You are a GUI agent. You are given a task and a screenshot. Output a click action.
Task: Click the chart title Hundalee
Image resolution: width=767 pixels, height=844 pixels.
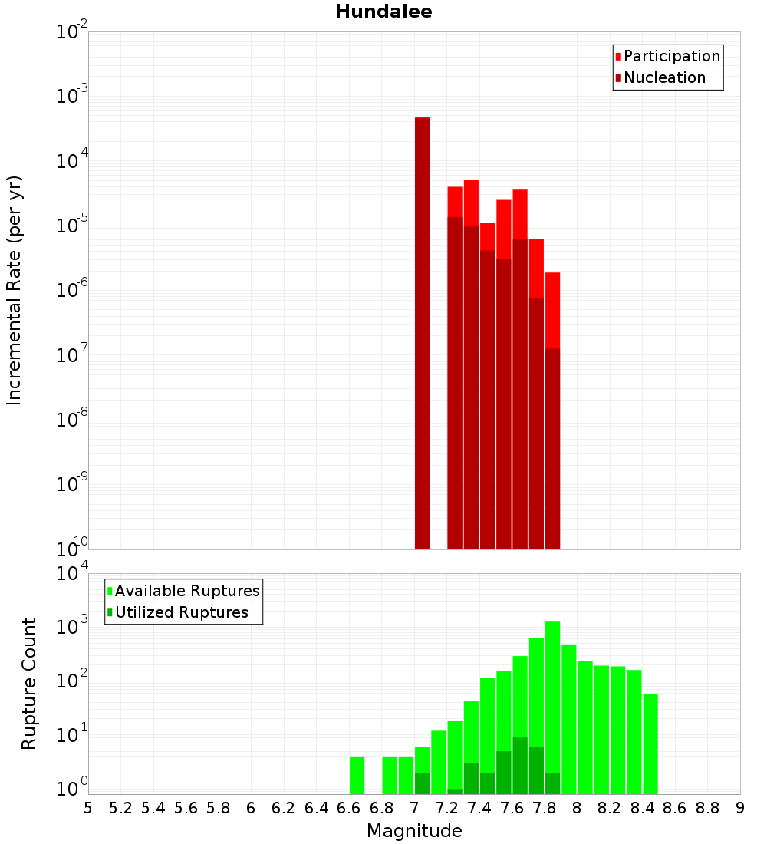click(x=383, y=12)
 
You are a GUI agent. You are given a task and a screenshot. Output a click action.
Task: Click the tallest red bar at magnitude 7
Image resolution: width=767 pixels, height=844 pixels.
click(x=422, y=330)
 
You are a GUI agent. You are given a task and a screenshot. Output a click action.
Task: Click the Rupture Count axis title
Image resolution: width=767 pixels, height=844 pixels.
click(x=29, y=683)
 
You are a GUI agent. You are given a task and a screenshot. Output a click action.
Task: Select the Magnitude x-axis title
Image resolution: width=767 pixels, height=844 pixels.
click(x=414, y=831)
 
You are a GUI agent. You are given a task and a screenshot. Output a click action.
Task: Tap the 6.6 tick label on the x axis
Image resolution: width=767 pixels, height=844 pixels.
click(x=349, y=808)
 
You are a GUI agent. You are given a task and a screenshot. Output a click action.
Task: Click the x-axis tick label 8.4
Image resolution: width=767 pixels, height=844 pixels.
click(x=642, y=808)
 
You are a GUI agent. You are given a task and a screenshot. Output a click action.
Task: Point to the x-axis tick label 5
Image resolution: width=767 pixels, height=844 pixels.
click(x=88, y=808)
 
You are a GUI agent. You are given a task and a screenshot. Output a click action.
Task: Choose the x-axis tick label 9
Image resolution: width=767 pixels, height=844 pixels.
click(x=740, y=808)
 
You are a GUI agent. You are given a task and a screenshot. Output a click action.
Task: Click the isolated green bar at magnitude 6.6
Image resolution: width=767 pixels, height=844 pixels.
click(x=357, y=775)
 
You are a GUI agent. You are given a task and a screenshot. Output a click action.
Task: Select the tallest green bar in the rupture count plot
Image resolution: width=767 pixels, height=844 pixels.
click(x=552, y=706)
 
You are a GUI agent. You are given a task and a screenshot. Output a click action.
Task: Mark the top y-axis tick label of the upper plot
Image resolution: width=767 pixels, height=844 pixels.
click(x=72, y=32)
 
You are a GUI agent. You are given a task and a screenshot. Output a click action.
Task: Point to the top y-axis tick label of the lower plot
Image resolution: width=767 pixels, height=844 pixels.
click(x=73, y=573)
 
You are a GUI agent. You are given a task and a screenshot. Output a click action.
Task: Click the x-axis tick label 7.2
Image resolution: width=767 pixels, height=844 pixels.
click(x=446, y=808)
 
